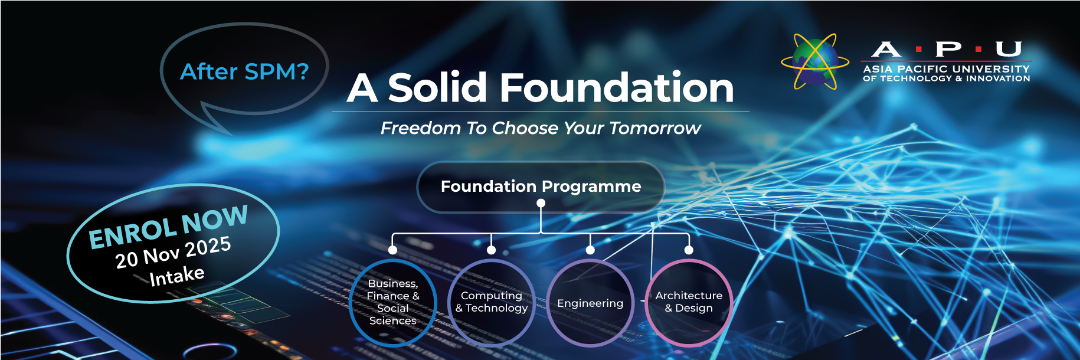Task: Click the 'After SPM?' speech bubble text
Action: tap(244, 71)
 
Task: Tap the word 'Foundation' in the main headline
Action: tap(617, 87)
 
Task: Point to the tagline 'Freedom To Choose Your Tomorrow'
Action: tap(541, 128)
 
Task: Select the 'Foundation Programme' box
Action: tap(541, 186)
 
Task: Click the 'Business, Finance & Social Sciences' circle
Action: tap(393, 302)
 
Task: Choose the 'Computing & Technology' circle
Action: tap(492, 302)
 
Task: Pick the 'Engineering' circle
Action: tap(590, 303)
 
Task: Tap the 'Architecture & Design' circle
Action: tap(689, 302)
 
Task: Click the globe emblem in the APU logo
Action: tap(815, 61)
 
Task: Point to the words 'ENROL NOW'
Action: tap(168, 227)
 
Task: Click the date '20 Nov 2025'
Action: tap(173, 252)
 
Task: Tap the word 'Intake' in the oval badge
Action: tap(177, 276)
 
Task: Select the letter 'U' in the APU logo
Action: tap(1009, 49)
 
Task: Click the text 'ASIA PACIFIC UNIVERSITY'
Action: tap(947, 69)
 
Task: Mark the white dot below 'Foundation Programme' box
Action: tap(541, 203)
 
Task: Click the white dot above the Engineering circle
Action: tap(590, 250)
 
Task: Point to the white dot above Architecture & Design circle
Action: tap(689, 250)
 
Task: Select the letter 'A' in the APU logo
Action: tap(886, 49)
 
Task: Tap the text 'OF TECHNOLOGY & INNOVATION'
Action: tap(947, 78)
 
